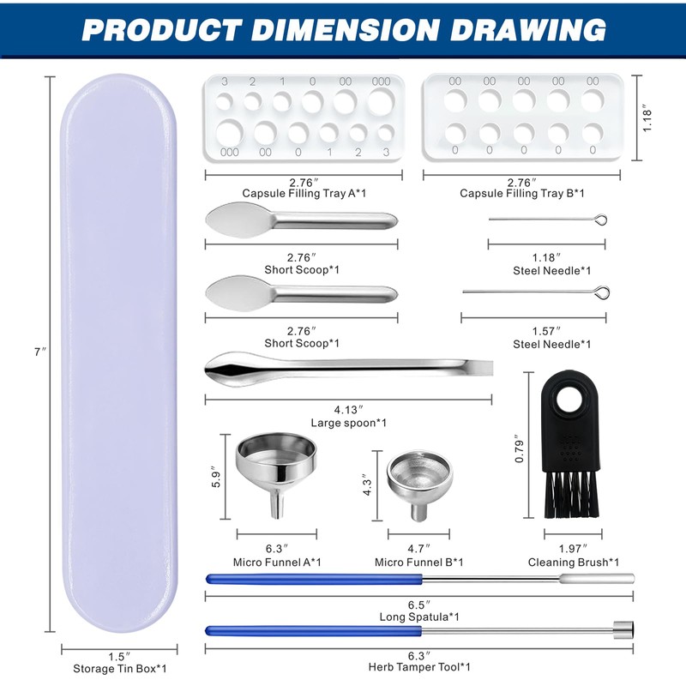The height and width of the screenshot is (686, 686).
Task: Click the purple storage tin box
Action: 119,352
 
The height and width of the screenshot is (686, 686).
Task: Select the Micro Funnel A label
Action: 277,563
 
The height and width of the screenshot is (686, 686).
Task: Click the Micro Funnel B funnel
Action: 419,485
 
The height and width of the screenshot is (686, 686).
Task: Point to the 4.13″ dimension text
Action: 349,410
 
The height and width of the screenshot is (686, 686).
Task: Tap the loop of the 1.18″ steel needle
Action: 602,220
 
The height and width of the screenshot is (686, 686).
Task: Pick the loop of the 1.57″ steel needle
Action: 603,292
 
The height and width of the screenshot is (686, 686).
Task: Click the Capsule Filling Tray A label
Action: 304,194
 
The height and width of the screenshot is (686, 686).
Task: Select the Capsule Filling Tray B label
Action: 522,194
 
